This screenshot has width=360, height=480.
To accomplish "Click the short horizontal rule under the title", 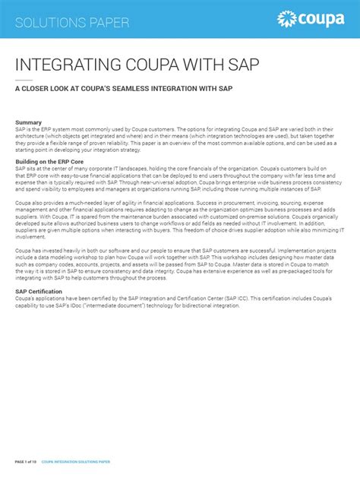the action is (x=24, y=79).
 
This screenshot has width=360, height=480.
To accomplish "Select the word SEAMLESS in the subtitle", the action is (x=142, y=89).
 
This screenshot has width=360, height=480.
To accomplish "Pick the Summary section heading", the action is (x=29, y=122).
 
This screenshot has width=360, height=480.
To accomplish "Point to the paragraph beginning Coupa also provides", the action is (x=179, y=220).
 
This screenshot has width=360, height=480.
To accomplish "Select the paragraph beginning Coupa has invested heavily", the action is (x=179, y=267).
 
